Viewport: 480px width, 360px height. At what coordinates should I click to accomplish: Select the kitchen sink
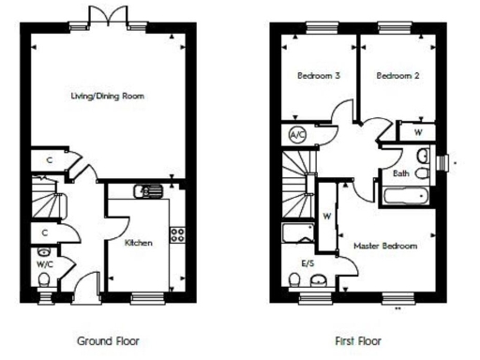coord(148,192)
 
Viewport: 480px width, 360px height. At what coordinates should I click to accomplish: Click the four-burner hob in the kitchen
coord(175,234)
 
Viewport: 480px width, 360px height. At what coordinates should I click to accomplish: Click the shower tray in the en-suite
coord(298,234)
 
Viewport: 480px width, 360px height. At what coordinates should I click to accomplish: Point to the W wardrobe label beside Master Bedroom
coord(327,216)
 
